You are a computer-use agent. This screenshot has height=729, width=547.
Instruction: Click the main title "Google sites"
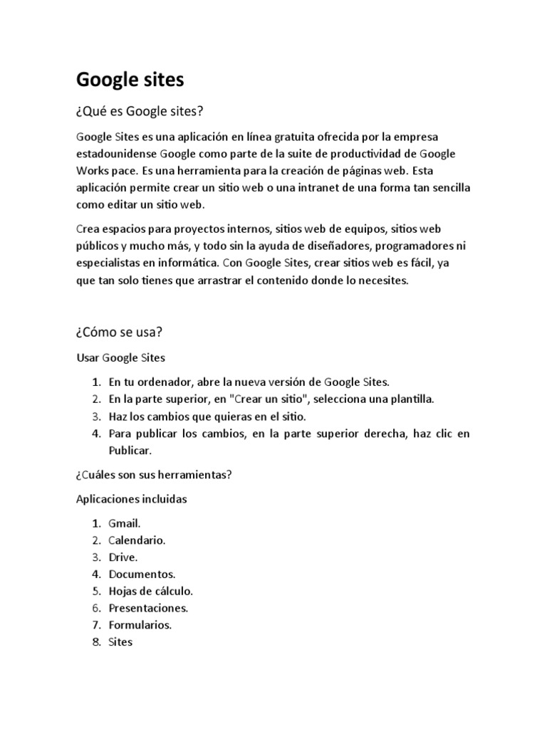(x=130, y=80)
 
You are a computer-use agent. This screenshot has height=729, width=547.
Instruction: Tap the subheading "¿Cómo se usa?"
(x=120, y=332)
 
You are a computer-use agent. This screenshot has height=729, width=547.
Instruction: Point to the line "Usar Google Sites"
(x=120, y=357)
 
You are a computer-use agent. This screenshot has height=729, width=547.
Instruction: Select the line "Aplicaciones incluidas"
(x=131, y=499)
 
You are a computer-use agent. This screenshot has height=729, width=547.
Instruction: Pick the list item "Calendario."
(x=137, y=540)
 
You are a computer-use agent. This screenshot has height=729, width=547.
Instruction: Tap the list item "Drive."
(x=123, y=557)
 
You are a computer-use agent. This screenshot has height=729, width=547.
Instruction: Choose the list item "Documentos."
(x=142, y=574)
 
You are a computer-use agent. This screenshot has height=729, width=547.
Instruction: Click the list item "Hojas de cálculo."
(x=151, y=591)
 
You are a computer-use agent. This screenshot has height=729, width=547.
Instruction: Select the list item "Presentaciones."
(x=148, y=608)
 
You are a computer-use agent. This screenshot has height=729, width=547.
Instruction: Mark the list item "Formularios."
(x=140, y=625)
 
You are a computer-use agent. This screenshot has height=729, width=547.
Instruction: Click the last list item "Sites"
(x=120, y=642)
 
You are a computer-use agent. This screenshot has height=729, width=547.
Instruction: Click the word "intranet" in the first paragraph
(x=331, y=187)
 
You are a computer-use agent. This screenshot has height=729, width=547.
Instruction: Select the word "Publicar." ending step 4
(x=130, y=451)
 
